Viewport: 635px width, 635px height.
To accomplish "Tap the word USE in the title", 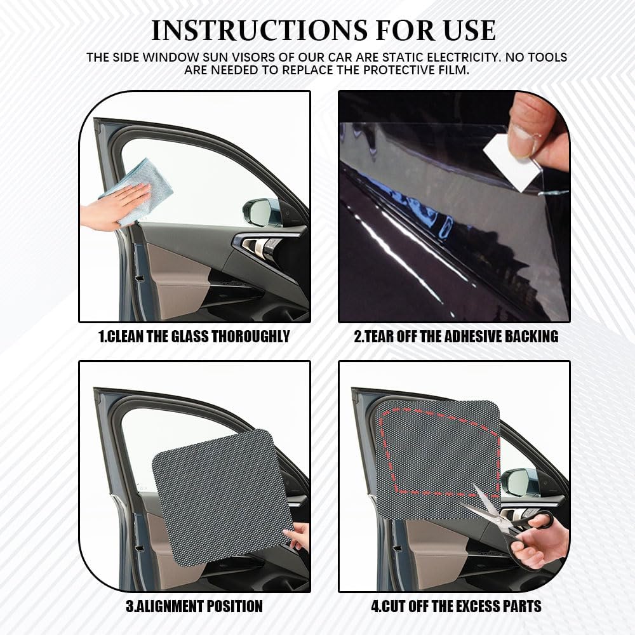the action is pos(470,30).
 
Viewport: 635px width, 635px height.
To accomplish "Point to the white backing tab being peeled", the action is pos(511,162).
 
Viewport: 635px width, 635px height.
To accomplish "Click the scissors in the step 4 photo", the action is pos(507,523).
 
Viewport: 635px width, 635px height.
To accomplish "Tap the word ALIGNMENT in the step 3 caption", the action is pos(170,606).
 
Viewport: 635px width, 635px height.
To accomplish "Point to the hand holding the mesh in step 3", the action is pos(299,536).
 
